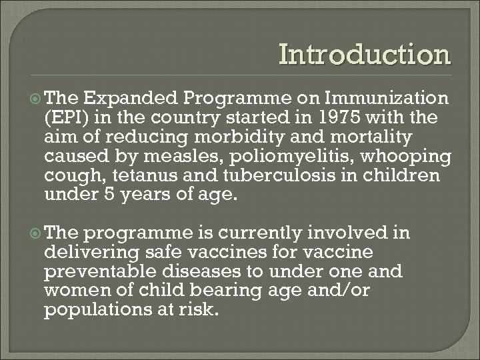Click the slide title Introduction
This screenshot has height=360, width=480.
tap(365, 55)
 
